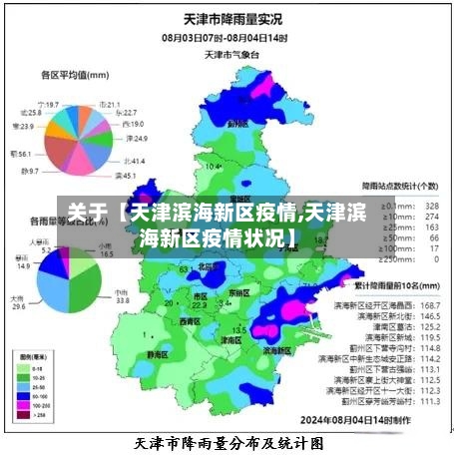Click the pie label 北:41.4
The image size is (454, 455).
pyautogui.click(x=135, y=161)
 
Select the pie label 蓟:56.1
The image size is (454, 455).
pyautogui.click(x=20, y=154)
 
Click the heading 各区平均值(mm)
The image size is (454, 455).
pyautogui.click(x=75, y=74)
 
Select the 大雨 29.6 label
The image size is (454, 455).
pyautogui.click(x=18, y=302)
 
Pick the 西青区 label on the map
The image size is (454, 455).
pyautogui.click(x=189, y=321)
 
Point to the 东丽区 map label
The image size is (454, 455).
pyautogui.click(x=238, y=293)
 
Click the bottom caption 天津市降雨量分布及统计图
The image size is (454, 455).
pyautogui.click(x=228, y=441)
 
